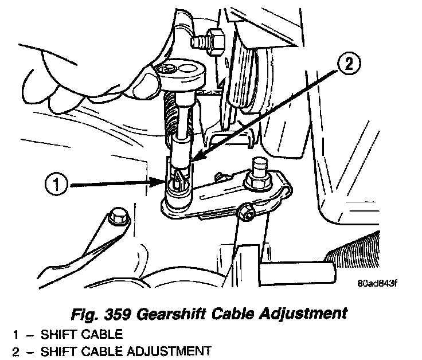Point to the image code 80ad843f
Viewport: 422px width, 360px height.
(x=377, y=283)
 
